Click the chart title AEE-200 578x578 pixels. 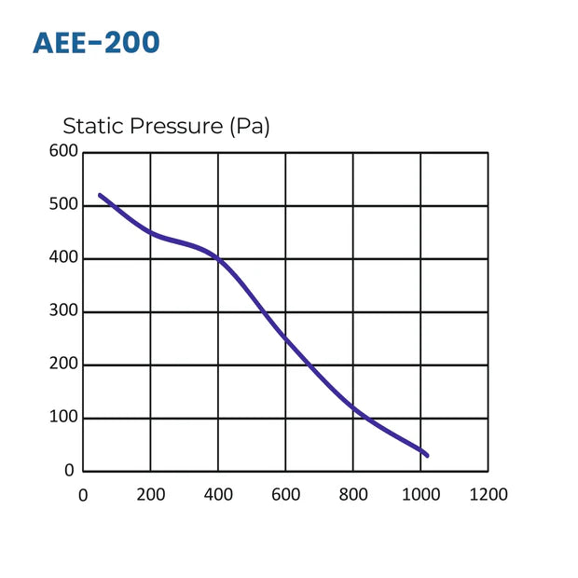pyautogui.click(x=96, y=43)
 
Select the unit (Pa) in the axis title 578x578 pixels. pyautogui.click(x=249, y=127)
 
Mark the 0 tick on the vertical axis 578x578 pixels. pyautogui.click(x=69, y=471)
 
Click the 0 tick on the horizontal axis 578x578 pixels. pyautogui.click(x=83, y=495)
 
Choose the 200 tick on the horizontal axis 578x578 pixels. pyautogui.click(x=151, y=495)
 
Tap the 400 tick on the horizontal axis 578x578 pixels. pyautogui.click(x=218, y=495)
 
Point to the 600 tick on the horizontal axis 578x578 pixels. pyautogui.click(x=286, y=495)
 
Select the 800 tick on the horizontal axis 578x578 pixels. pyautogui.click(x=353, y=495)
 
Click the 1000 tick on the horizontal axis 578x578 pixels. pyautogui.click(x=420, y=495)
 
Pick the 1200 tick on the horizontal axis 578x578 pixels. pyautogui.click(x=488, y=495)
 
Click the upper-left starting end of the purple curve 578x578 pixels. pyautogui.click(x=101, y=196)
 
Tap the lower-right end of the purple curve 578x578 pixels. pyautogui.click(x=427, y=455)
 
